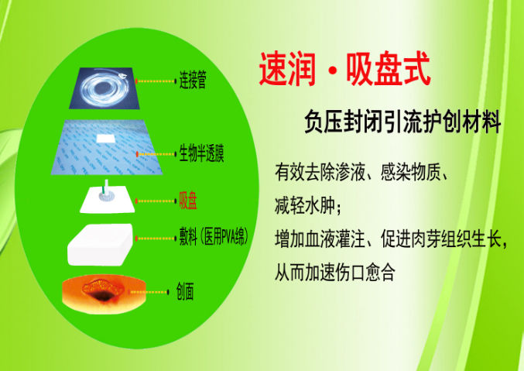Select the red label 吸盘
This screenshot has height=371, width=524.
pyautogui.click(x=187, y=202)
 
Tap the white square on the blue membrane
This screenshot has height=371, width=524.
pyautogui.click(x=107, y=139)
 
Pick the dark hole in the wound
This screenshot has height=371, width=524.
pyautogui.click(x=101, y=295)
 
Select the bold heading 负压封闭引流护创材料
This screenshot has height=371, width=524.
pyautogui.click(x=402, y=122)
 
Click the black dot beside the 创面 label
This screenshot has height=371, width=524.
pyautogui.click(x=168, y=292)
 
